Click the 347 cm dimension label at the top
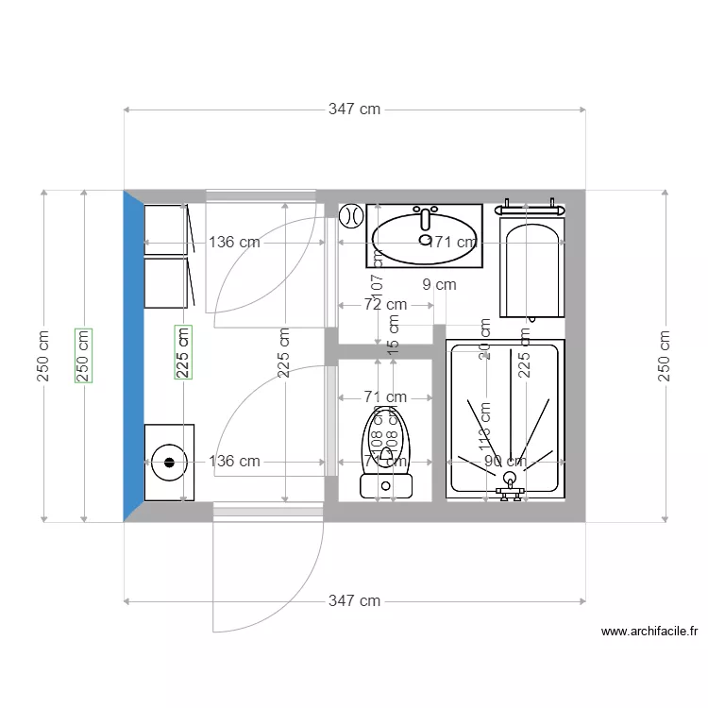tap(354, 110)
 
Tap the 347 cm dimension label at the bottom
tap(354, 600)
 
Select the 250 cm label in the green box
tap(84, 355)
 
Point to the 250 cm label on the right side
tap(665, 355)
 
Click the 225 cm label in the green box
tap(183, 352)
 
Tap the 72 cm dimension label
tap(385, 304)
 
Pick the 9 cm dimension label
tap(439, 283)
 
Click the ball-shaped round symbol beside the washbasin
tap(351, 215)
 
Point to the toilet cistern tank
tap(386, 486)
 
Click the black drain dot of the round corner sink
tap(170, 463)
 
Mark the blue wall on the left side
tap(132, 355)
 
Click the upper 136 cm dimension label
tap(233, 242)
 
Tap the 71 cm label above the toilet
tap(385, 397)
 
